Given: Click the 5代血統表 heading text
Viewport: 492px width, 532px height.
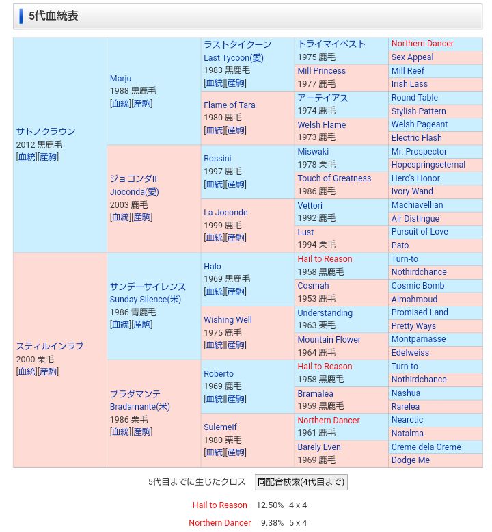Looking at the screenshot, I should (x=53, y=16).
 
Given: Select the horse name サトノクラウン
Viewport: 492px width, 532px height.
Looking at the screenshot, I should (x=46, y=131).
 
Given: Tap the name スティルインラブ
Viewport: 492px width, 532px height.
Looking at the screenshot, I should (x=50, y=346).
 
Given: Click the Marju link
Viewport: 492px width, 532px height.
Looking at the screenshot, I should (x=120, y=79).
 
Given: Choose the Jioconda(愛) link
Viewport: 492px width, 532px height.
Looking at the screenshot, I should (x=134, y=192).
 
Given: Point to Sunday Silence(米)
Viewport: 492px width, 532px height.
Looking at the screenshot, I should (x=146, y=300).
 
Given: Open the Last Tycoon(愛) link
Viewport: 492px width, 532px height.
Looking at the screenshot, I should (x=233, y=58).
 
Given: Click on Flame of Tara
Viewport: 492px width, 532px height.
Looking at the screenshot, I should (x=229, y=105).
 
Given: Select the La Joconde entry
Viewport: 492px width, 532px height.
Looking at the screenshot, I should (x=225, y=213).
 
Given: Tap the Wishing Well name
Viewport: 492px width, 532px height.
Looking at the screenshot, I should (x=228, y=320).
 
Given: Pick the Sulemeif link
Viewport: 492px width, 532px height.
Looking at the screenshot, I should (x=220, y=427).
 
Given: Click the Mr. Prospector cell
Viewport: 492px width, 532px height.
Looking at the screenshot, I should (x=419, y=152).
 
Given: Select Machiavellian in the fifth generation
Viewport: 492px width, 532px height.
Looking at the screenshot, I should (x=417, y=205).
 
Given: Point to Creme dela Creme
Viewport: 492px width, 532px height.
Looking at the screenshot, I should (x=426, y=447).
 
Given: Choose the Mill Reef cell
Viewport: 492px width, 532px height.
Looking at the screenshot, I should (x=407, y=71).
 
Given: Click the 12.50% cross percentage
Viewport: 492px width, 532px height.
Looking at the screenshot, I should (x=269, y=505).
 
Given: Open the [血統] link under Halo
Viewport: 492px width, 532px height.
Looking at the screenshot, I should (x=214, y=292).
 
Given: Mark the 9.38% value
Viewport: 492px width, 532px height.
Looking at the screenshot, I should (x=272, y=523).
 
